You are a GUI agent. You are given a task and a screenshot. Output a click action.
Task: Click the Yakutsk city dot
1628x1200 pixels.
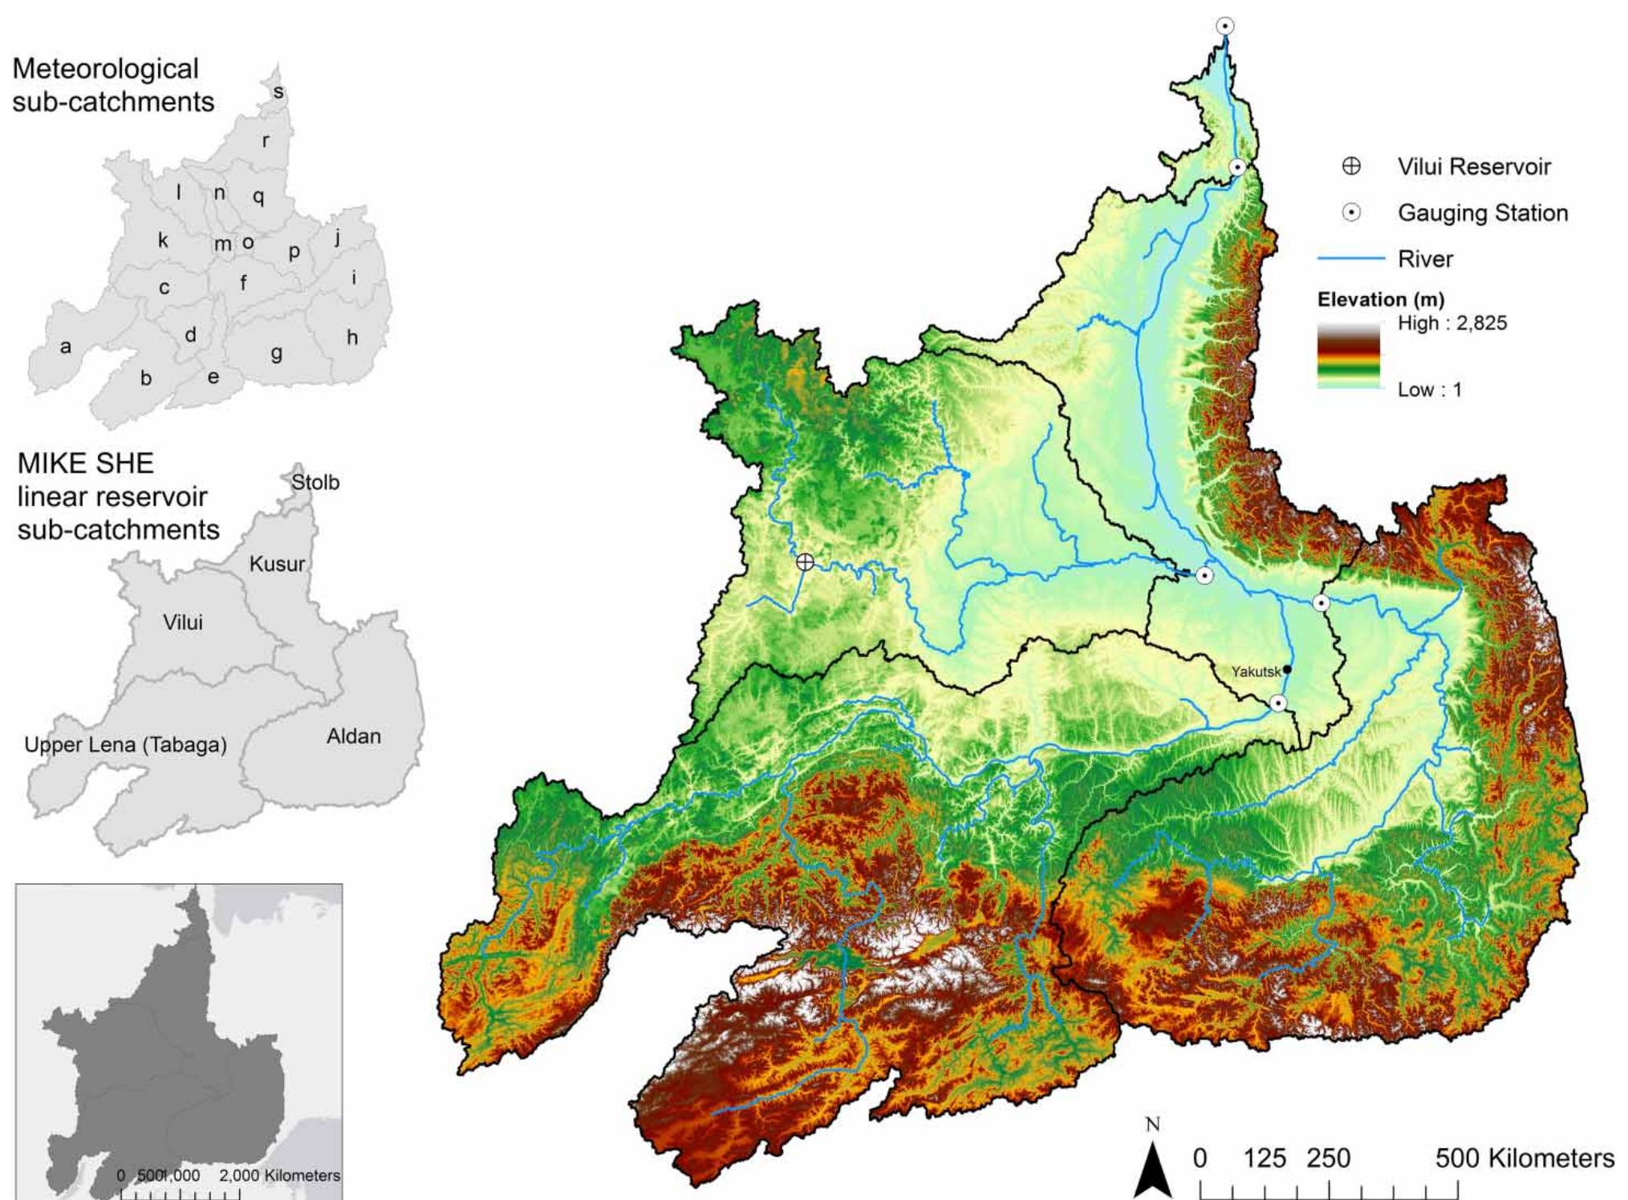tap(1287, 669)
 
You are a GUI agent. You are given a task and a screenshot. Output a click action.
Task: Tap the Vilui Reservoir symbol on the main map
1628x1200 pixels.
tap(805, 562)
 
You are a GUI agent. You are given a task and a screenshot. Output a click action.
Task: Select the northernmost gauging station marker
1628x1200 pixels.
tap(1224, 26)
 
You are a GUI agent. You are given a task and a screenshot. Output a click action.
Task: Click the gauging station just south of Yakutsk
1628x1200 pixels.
tap(1278, 703)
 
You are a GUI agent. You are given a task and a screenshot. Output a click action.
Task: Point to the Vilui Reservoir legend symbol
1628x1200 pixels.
tap(1351, 167)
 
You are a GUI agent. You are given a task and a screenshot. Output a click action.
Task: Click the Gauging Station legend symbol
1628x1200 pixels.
tap(1351, 213)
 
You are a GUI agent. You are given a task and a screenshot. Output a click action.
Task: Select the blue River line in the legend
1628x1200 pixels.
tap(1351, 258)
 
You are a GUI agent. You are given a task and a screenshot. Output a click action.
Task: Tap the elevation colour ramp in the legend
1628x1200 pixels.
tap(1348, 356)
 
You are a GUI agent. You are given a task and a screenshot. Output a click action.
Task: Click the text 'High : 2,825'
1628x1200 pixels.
tap(1452, 323)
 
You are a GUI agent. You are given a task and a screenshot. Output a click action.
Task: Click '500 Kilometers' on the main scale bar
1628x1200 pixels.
tap(1524, 1158)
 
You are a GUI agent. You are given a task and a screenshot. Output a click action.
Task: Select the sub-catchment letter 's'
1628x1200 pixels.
tap(278, 92)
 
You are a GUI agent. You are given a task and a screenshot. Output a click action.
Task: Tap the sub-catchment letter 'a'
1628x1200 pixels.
tap(66, 347)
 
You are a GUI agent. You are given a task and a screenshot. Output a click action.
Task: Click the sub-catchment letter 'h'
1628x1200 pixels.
tap(352, 338)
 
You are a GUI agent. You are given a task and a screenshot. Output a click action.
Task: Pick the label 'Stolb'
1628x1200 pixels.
tap(315, 483)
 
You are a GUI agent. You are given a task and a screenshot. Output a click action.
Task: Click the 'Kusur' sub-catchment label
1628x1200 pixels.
tap(277, 564)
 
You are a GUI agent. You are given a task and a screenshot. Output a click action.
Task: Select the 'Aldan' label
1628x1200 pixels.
tap(353, 736)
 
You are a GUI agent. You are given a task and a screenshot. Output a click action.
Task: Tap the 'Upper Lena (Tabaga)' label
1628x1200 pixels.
tap(125, 745)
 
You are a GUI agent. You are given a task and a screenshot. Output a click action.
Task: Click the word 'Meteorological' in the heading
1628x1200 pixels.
tap(105, 69)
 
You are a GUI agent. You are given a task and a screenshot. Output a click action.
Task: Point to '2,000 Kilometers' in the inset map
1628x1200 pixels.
tap(279, 1175)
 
